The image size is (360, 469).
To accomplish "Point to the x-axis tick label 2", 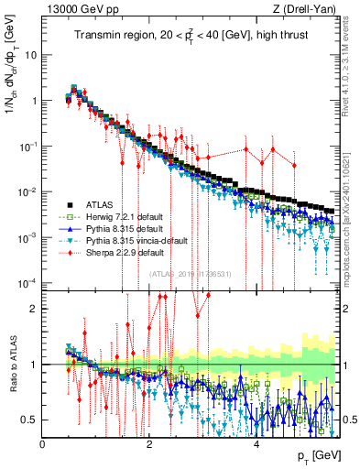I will point(149,444).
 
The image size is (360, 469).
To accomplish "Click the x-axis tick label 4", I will point(256,444).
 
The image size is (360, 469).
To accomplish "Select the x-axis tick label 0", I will point(43,444).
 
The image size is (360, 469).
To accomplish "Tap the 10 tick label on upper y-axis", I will point(30,54).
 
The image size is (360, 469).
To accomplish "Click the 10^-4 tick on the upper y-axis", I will point(27,281).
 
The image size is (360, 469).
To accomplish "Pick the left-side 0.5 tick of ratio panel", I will point(30,420).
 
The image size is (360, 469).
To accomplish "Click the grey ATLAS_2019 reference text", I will point(190,273).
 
